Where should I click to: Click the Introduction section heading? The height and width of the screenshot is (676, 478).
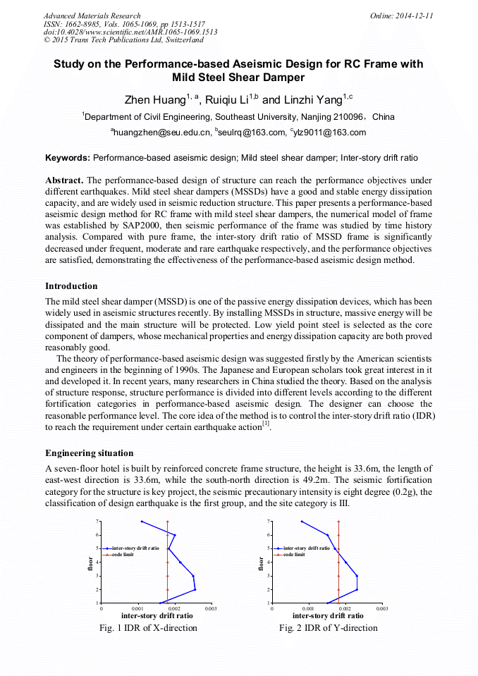pyautogui.click(x=71, y=286)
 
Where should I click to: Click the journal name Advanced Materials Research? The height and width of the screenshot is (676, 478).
pyautogui.click(x=92, y=16)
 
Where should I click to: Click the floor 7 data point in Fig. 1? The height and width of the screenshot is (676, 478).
pyautogui.click(x=142, y=522)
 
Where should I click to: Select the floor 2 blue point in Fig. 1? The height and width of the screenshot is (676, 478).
pyautogui.click(x=195, y=589)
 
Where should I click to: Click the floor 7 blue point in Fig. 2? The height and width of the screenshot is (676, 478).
pyautogui.click(x=302, y=522)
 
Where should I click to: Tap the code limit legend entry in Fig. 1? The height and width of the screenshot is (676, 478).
pyautogui.click(x=122, y=555)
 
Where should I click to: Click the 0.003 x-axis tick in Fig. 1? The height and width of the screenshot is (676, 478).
pyautogui.click(x=210, y=608)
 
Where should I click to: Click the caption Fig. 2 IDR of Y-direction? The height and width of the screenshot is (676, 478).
pyautogui.click(x=328, y=627)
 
